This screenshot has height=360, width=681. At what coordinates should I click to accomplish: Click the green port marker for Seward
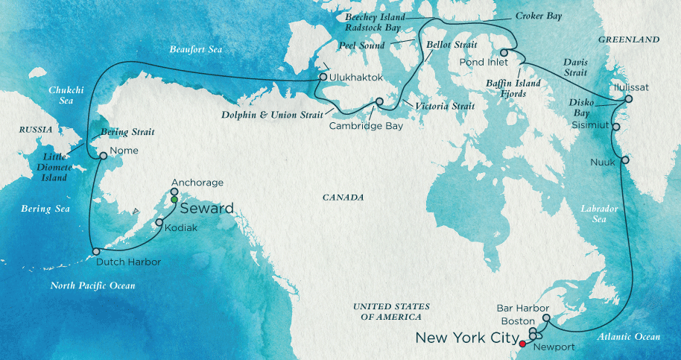point(174,200)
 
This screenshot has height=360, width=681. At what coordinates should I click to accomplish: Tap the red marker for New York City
point(522,344)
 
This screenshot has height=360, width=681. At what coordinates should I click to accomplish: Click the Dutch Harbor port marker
point(95,252)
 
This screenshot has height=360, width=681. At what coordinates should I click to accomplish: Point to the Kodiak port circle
point(159,222)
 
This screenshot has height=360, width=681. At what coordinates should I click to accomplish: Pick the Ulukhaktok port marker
point(323,76)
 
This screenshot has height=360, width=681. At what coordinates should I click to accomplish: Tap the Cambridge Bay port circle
point(378,102)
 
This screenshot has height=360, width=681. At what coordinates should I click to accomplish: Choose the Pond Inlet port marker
point(504,52)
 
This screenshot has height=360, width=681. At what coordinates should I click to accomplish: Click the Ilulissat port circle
point(629,98)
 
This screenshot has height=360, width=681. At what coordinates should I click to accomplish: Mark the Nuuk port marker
point(624,160)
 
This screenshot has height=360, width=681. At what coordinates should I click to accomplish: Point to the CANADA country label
point(343,198)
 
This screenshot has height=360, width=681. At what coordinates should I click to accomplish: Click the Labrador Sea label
point(598,215)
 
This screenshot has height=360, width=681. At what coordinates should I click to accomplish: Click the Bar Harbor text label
point(522,308)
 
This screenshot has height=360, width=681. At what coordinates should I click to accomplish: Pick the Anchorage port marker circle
point(174,192)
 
